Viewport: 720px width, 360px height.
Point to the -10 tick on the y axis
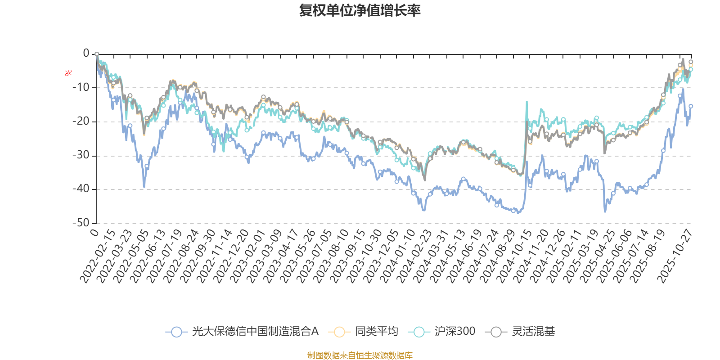(x=81, y=87)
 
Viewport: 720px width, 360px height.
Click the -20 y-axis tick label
(x=81, y=121)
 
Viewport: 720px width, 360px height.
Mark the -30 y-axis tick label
(x=81, y=155)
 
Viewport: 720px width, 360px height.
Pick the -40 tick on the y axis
(x=81, y=189)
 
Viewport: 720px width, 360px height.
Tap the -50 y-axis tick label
(x=81, y=223)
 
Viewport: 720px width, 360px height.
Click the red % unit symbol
(x=68, y=73)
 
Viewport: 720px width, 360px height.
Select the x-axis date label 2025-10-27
(x=675, y=256)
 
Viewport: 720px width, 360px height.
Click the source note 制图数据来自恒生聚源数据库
(x=360, y=355)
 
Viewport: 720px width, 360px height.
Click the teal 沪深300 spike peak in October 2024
(x=527, y=102)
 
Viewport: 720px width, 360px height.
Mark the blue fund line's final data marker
(x=691, y=106)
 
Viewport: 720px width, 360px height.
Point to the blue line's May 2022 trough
(x=144, y=187)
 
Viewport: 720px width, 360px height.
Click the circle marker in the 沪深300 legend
(x=419, y=332)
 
